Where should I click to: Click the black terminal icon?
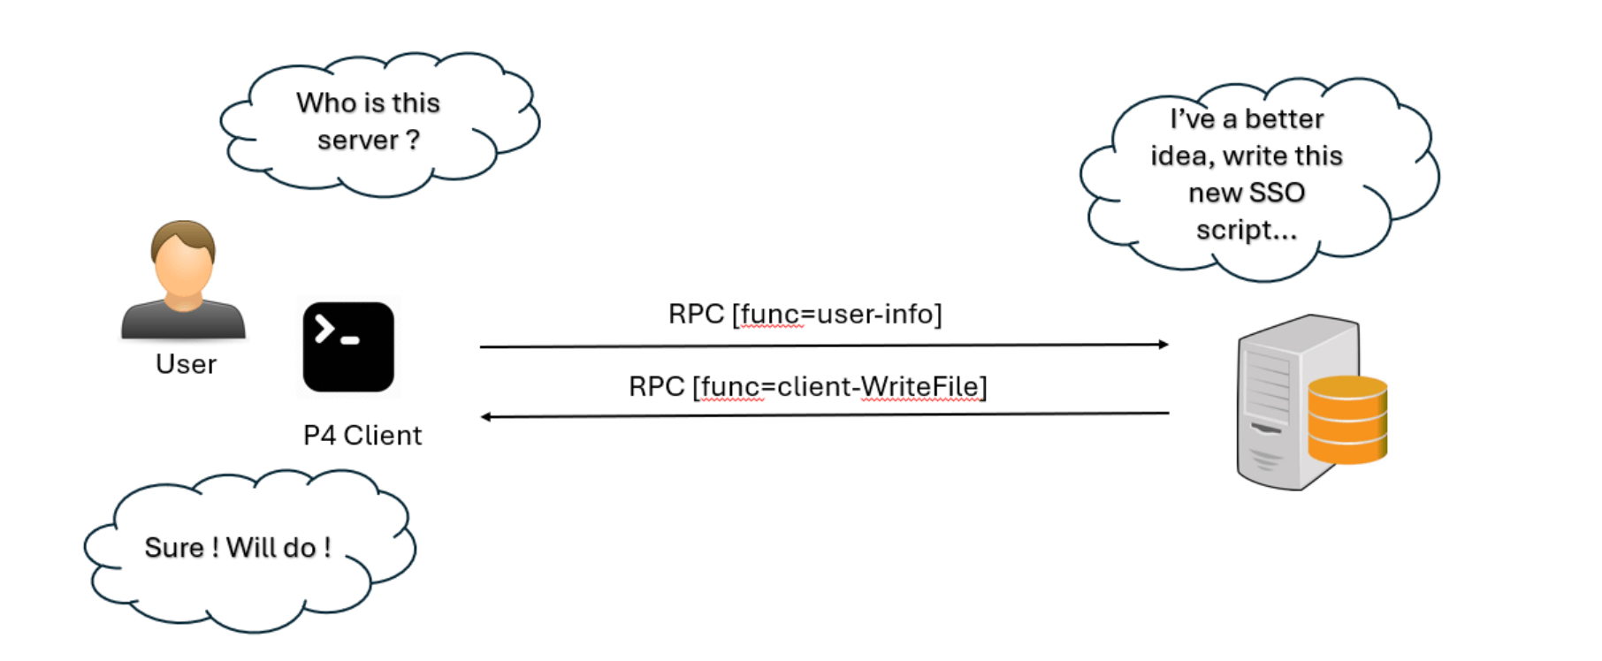[x=348, y=347]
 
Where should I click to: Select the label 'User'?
[x=186, y=364]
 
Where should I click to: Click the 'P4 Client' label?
[x=362, y=436]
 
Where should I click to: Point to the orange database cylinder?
[x=1347, y=420]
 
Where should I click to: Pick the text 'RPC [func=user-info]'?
[x=805, y=314]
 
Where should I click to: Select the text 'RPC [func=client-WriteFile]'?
[x=808, y=386]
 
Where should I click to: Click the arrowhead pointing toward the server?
[x=1163, y=345]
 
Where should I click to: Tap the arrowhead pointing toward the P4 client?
[x=486, y=416]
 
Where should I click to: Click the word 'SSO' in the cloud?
[x=1278, y=193]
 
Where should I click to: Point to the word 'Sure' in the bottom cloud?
[x=174, y=547]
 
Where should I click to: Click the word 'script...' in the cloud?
[x=1247, y=230]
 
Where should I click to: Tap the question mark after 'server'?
[x=413, y=140]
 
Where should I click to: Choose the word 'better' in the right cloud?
[x=1285, y=118]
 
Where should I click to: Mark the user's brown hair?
[x=183, y=236]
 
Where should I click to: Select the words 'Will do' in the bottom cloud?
[x=271, y=547]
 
